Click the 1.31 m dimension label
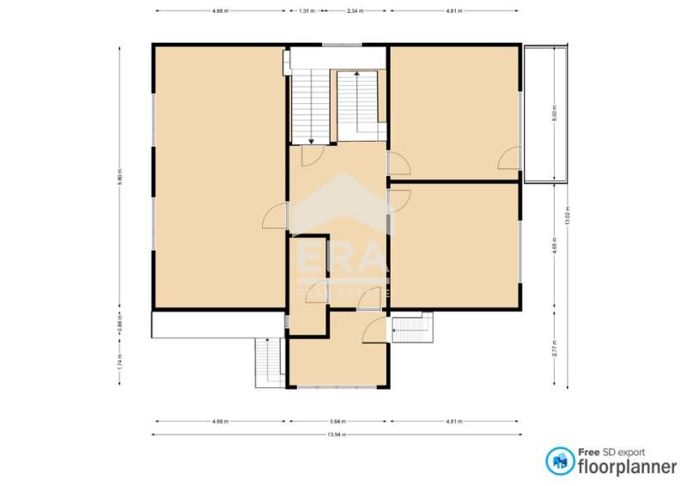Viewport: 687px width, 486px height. pos(306,11)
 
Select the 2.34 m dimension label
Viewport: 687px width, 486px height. pos(355,11)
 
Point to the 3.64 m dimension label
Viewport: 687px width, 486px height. pos(338,422)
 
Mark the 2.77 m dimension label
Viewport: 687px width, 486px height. pos(556,349)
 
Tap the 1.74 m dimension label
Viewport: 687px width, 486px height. pos(120,361)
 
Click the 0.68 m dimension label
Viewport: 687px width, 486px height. pos(120,325)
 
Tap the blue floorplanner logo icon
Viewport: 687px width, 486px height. pos(560,461)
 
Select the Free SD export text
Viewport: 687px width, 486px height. pos(611,452)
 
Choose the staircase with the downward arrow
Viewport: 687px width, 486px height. pos(310,108)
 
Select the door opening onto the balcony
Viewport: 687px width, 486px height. pos(510,157)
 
